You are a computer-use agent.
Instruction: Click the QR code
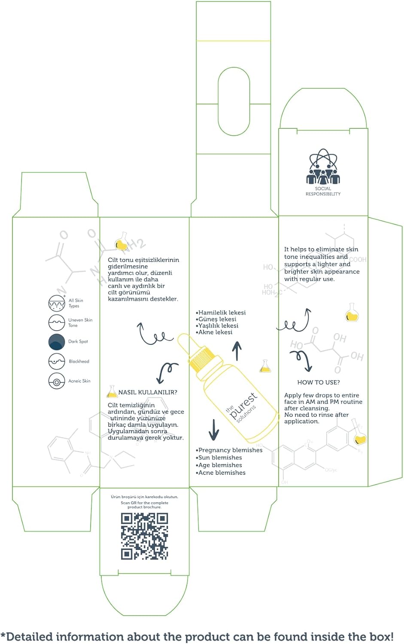tap(144, 536)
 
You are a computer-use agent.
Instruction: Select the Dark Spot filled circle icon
tap(57, 342)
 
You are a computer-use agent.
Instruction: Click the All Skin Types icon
tap(57, 303)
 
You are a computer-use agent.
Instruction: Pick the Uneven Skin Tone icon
tap(57, 322)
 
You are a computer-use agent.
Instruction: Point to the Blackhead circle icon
tap(57, 361)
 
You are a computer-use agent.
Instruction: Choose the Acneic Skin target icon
tap(57, 381)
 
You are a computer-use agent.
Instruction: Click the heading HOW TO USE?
tap(319, 382)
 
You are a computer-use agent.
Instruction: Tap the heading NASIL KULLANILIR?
tap(148, 392)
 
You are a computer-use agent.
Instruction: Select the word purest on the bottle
tap(243, 405)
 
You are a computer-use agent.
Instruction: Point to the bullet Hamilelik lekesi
tap(221, 313)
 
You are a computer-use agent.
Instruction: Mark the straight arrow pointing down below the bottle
tap(214, 429)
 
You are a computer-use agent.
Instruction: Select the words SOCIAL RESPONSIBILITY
tap(323, 191)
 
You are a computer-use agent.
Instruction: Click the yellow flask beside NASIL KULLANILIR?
tap(112, 391)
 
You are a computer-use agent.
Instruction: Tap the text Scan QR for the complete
tap(144, 503)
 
